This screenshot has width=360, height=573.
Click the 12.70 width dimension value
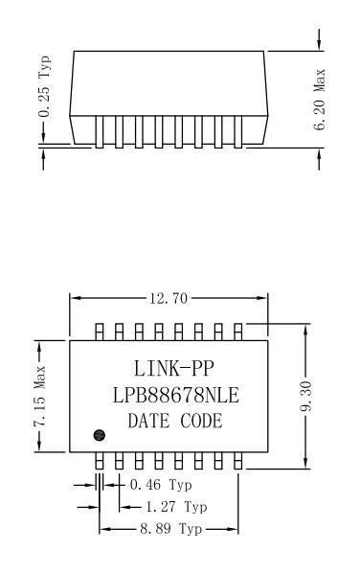(x=169, y=299)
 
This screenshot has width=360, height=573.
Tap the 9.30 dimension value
(x=305, y=396)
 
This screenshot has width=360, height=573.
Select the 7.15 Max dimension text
(x=39, y=396)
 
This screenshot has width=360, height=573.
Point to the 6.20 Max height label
(x=319, y=99)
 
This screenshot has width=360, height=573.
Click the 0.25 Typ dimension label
(x=45, y=86)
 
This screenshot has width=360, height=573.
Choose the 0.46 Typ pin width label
(x=161, y=485)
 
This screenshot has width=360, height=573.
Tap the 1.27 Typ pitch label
(x=176, y=507)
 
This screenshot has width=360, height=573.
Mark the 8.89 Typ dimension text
(x=170, y=529)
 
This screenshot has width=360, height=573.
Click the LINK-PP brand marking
(x=173, y=368)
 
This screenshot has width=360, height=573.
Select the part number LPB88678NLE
(x=175, y=396)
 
